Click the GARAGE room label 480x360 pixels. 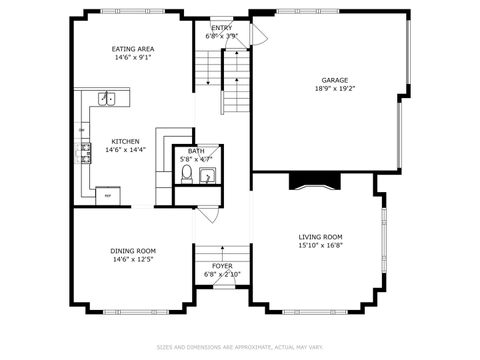tap(334, 80)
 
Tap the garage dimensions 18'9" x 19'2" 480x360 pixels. tap(334, 89)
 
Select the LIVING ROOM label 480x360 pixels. tap(320, 237)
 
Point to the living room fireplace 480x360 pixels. tap(315, 181)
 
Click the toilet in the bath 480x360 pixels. tap(186, 176)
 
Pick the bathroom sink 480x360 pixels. tap(207, 178)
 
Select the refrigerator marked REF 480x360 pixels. tap(107, 195)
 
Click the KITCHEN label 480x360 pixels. tap(125, 141)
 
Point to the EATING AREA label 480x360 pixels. tap(132, 48)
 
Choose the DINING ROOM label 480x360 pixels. tap(132, 251)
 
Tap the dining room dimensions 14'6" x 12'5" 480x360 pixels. tap(132, 260)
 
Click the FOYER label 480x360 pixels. tap(221, 266)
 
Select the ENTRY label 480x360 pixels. tap(221, 27)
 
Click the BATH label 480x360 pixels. tap(196, 151)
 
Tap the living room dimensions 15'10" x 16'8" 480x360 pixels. tap(320, 246)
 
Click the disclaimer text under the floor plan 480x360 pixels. tap(240, 347)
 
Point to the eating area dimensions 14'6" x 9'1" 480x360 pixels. tap(132, 57)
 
